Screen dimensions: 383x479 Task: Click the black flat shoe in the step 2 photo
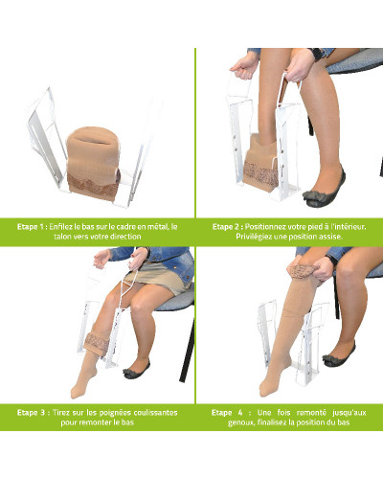[324, 190]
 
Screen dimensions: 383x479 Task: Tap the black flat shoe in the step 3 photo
[136, 370]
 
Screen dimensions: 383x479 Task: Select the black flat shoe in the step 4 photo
[339, 355]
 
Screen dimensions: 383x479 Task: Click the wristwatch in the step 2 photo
[316, 54]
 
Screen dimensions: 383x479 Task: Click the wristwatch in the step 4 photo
[332, 260]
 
